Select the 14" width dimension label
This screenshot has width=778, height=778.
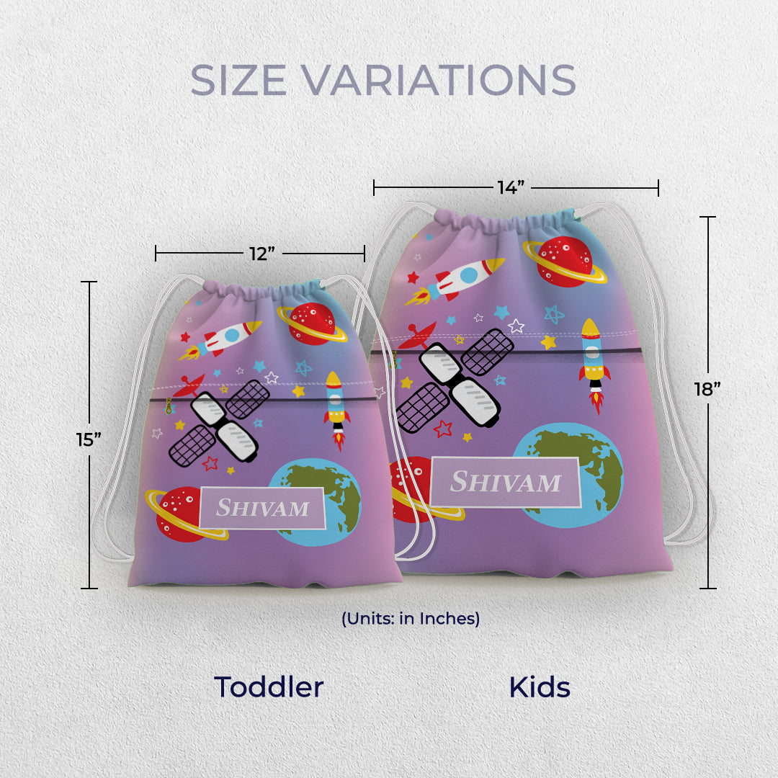(510, 188)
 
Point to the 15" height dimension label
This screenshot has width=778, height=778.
(89, 439)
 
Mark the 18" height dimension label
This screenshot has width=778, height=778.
(708, 389)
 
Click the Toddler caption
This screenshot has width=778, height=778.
(268, 687)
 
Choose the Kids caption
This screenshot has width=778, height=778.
(539, 687)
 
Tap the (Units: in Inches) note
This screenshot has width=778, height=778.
(411, 618)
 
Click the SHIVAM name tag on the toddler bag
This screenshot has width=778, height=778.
(263, 508)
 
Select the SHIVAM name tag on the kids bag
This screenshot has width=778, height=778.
(505, 482)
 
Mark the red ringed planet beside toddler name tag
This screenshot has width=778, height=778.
(176, 514)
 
